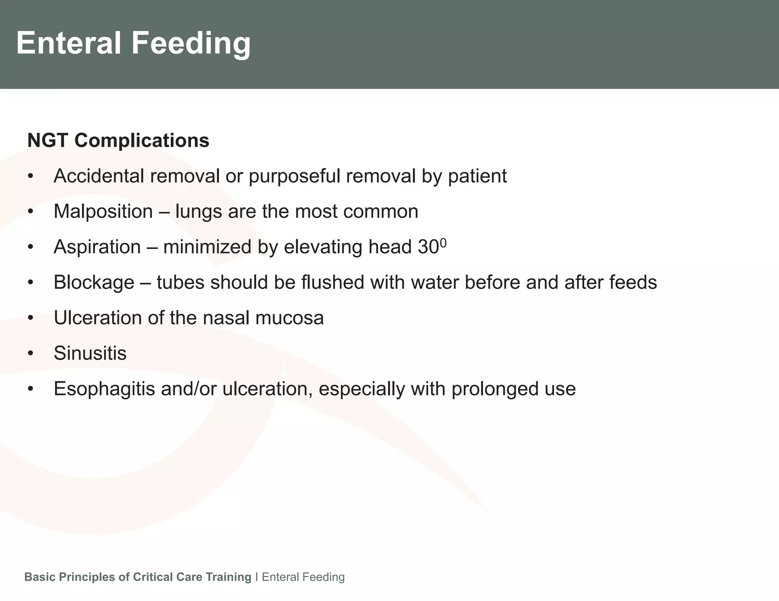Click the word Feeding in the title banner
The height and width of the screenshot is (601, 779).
coord(191,43)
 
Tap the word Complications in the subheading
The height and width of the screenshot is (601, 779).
coord(141,140)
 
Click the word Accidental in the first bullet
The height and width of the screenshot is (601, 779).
coord(99,176)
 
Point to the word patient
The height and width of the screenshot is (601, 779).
coord(477,176)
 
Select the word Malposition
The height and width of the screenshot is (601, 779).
coord(103,211)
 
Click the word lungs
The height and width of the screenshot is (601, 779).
coord(199,212)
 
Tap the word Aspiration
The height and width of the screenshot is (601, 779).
coord(97,247)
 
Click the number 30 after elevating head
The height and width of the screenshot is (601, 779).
coord(428,247)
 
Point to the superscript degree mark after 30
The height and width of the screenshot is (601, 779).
coord(443,242)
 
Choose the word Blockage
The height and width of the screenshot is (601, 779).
coord(94,282)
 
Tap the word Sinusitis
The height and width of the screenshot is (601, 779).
coord(90,353)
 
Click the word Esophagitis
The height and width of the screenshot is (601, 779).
coord(104,389)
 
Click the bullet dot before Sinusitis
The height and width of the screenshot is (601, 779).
coord(31,354)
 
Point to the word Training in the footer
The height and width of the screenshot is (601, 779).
coord(228,577)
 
